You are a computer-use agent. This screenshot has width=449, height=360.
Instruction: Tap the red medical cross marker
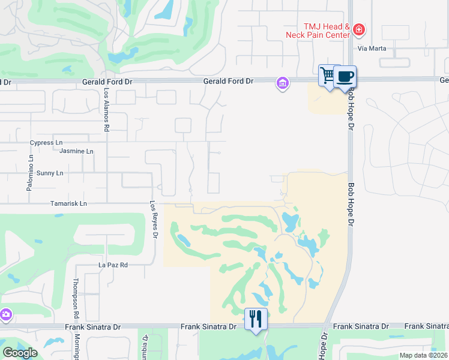[359, 29]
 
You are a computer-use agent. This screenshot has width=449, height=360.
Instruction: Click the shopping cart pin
[328, 76]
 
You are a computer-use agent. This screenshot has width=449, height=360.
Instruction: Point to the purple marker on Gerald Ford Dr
[282, 83]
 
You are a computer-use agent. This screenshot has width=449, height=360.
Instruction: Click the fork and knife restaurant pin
[256, 319]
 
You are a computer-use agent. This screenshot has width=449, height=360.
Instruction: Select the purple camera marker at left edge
[6, 314]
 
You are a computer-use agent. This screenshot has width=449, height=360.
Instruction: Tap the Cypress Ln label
[46, 143]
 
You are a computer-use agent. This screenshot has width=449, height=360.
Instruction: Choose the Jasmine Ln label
[76, 152]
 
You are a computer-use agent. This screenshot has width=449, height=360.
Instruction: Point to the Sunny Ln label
[50, 173]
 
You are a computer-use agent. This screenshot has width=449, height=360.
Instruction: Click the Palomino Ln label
[30, 173]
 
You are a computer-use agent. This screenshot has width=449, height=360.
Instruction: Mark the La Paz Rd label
[113, 265]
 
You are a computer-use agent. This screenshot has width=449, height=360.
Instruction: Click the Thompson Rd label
[76, 299]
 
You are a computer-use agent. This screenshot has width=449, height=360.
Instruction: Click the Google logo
[20, 353]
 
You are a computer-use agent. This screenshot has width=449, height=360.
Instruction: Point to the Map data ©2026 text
[423, 355]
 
